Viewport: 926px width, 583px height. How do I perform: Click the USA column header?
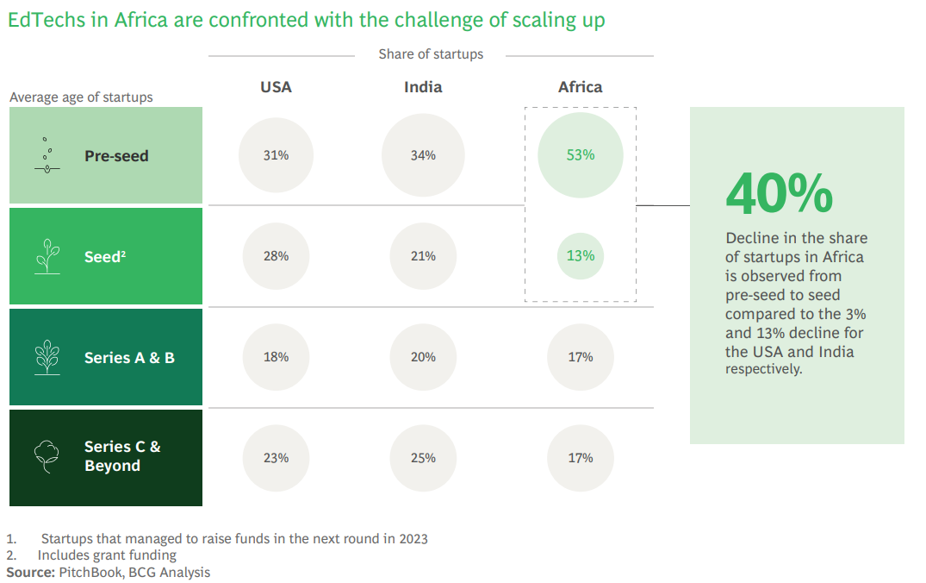pos(276,87)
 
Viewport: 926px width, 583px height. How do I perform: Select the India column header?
pos(423,87)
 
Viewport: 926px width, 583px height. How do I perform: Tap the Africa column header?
pos(580,87)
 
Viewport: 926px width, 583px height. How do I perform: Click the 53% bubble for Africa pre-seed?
pos(580,155)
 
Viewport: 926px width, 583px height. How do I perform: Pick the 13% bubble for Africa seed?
pos(580,256)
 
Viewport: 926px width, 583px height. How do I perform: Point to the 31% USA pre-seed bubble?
pos(276,155)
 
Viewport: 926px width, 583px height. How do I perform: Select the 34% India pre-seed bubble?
pos(423,155)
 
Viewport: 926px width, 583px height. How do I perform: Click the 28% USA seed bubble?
pos(276,256)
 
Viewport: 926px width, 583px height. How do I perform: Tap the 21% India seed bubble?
pos(423,256)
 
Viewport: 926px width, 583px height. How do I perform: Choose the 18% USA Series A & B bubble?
pos(276,357)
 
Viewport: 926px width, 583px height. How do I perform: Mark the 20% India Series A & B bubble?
pos(423,357)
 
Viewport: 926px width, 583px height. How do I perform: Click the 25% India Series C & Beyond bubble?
pos(423,458)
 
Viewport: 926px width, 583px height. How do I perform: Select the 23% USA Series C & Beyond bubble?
pos(276,458)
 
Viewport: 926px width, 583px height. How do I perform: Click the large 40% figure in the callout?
pos(779,194)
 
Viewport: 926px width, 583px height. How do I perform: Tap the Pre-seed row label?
pos(116,156)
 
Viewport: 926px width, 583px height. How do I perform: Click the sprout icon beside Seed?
pos(47,257)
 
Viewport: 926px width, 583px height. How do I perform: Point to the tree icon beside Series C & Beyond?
pos(47,457)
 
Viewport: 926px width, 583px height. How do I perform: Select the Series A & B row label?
pos(129,357)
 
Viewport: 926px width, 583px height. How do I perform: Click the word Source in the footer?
pos(30,572)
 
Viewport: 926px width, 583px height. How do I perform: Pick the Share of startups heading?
pos(431,54)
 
